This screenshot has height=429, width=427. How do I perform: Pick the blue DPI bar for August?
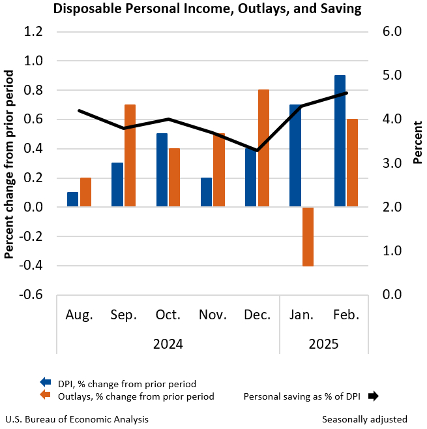click(72, 199)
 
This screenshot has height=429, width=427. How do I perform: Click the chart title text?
click(207, 10)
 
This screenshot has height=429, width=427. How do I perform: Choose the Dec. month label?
click(258, 315)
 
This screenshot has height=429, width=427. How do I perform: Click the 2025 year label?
click(325, 343)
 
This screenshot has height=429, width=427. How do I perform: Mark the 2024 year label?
click(168, 343)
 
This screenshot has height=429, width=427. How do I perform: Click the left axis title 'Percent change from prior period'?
click(9, 163)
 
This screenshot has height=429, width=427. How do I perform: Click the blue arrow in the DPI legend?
click(46, 383)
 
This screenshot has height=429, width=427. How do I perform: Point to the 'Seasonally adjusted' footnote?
click(364, 419)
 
